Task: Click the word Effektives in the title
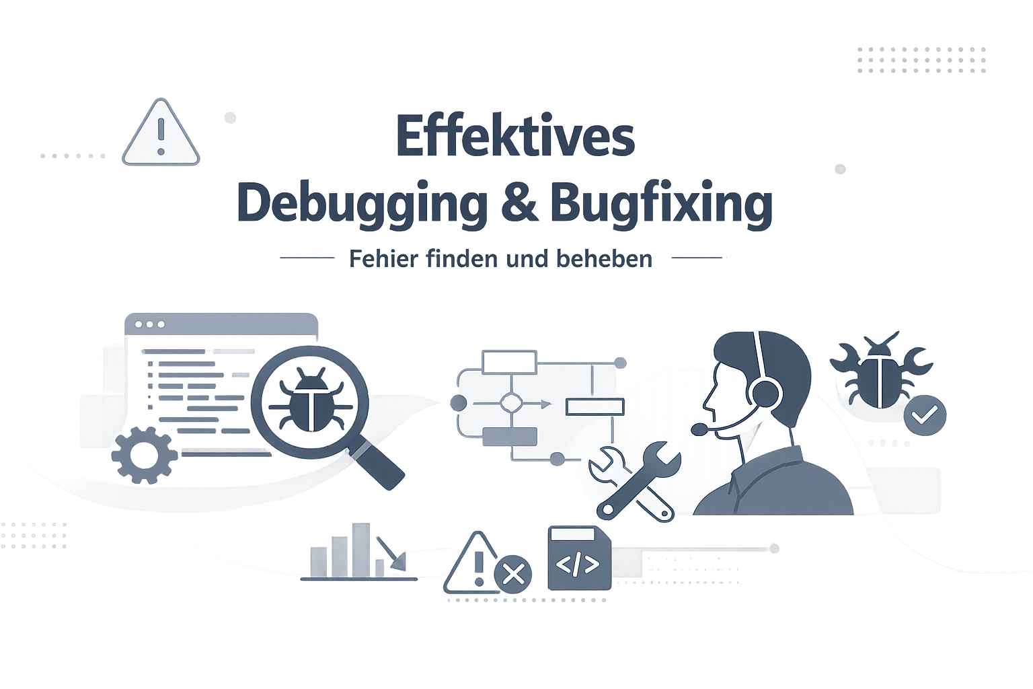[515, 135]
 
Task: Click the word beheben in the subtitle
[604, 258]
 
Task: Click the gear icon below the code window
[145, 455]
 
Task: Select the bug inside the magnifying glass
[310, 400]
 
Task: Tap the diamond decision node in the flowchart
[511, 403]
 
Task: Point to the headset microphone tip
[699, 429]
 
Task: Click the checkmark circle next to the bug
[925, 415]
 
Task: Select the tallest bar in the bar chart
[361, 550]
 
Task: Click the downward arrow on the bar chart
[391, 553]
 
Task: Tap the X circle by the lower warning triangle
[513, 575]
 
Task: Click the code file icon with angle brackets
[579, 558]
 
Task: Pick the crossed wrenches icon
[635, 482]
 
